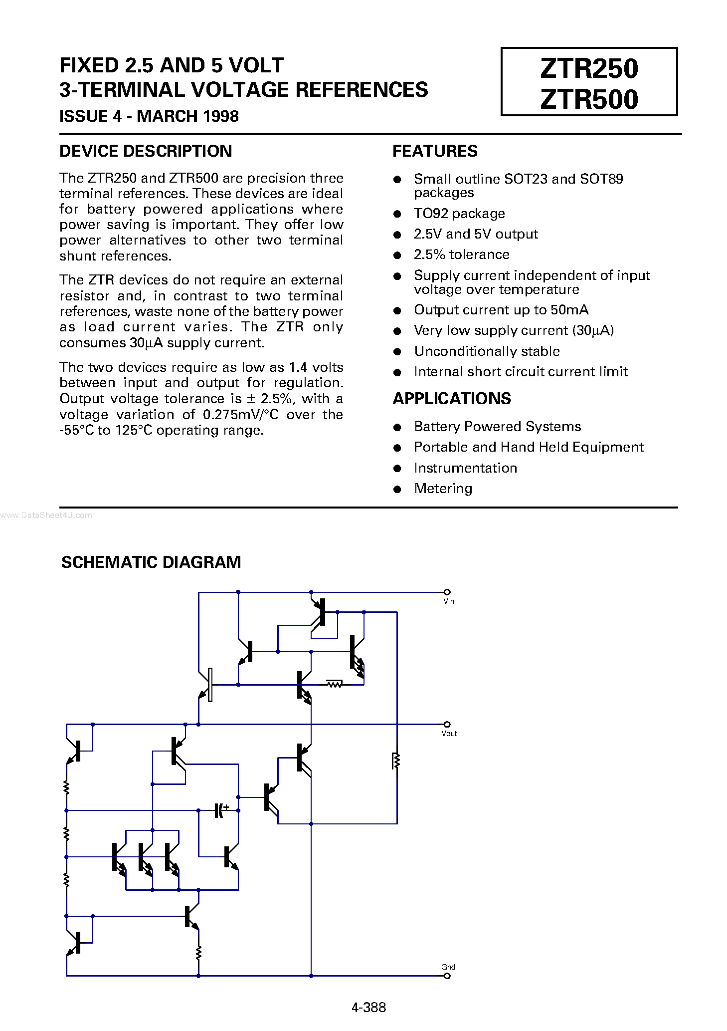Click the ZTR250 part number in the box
(588, 68)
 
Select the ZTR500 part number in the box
(588, 99)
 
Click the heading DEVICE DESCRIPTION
(146, 151)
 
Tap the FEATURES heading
(435, 151)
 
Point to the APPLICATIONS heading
(452, 399)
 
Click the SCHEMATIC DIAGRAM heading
(151, 562)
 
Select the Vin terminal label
(449, 601)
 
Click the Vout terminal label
(449, 734)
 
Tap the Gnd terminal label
(448, 967)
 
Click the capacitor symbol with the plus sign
(220, 810)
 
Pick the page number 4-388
(369, 1007)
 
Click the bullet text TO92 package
(459, 214)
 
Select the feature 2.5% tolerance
(462, 255)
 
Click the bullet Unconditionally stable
(487, 351)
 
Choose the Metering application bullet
(443, 489)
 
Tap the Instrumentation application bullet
(465, 468)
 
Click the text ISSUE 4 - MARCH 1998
(149, 116)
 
